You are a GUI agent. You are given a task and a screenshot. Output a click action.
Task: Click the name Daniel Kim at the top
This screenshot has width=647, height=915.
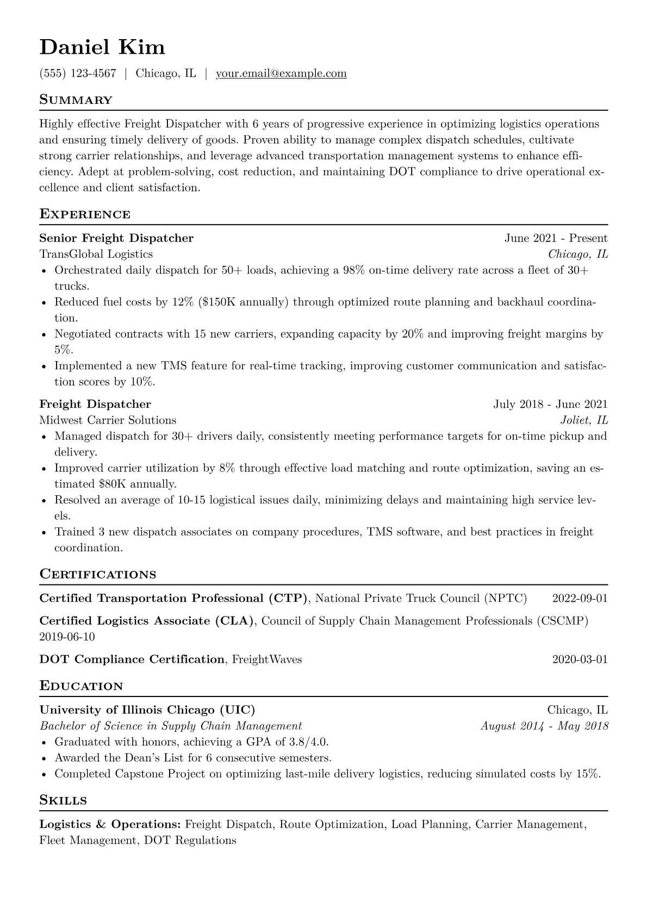pyautogui.click(x=102, y=48)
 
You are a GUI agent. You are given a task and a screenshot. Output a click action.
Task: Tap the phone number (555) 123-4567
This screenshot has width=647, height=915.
pyautogui.click(x=78, y=73)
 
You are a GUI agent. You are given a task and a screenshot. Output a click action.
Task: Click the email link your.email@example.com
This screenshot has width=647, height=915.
pyautogui.click(x=281, y=73)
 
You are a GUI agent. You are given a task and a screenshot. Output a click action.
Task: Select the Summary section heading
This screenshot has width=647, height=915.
pyautogui.click(x=76, y=100)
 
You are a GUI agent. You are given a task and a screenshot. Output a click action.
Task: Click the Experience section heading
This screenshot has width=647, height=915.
pyautogui.click(x=85, y=214)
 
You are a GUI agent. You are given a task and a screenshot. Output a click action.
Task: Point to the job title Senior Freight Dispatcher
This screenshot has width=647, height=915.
pyautogui.click(x=116, y=238)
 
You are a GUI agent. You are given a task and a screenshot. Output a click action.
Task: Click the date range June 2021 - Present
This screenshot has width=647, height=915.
pyautogui.click(x=556, y=238)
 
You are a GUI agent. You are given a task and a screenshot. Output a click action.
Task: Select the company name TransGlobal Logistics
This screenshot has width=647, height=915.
pyautogui.click(x=96, y=254)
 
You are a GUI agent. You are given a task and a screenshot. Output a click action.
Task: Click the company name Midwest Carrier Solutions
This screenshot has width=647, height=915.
pyautogui.click(x=108, y=420)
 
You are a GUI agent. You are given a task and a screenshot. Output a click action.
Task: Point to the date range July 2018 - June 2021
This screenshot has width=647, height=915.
pyautogui.click(x=550, y=404)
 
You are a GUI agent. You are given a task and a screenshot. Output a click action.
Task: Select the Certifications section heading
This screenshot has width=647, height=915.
pyautogui.click(x=98, y=575)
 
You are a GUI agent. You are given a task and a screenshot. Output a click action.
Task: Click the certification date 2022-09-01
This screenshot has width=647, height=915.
pyautogui.click(x=580, y=599)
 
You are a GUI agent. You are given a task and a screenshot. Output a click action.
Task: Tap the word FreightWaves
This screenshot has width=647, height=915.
pyautogui.click(x=267, y=659)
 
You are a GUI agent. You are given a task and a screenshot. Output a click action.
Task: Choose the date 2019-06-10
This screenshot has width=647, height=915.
pyautogui.click(x=67, y=637)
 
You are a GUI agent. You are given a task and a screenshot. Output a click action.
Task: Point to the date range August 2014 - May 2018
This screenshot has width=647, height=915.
pyautogui.click(x=544, y=726)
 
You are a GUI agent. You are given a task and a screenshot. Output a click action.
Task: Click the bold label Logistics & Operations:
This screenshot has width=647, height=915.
pyautogui.click(x=110, y=825)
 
